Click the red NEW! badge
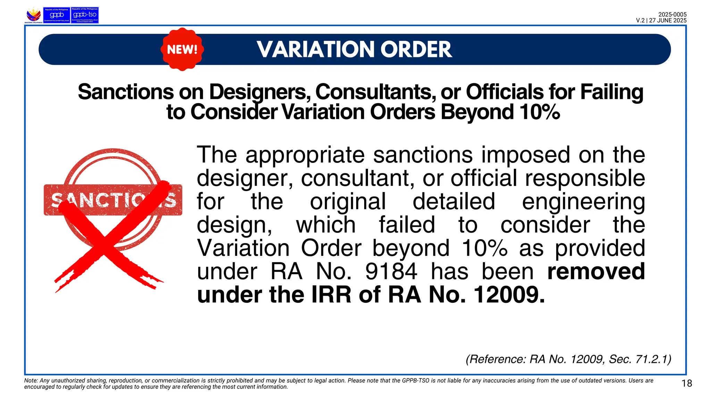click(x=182, y=49)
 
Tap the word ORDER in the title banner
click(x=417, y=49)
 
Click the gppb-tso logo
click(x=85, y=15)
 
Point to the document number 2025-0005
click(x=672, y=15)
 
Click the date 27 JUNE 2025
click(x=668, y=20)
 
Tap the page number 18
click(x=687, y=383)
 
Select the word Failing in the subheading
click(x=612, y=92)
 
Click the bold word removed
click(x=596, y=272)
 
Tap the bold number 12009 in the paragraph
click(x=508, y=295)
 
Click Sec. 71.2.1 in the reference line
click(x=640, y=359)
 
